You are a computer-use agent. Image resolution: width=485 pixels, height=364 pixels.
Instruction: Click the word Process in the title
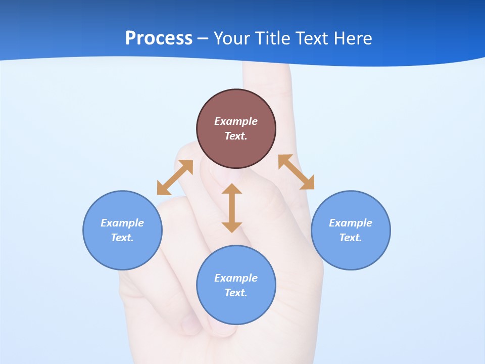(x=159, y=38)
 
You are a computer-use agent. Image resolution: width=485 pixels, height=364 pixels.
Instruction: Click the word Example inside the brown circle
(x=236, y=121)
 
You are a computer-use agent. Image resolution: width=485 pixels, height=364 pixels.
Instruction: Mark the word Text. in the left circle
(x=122, y=238)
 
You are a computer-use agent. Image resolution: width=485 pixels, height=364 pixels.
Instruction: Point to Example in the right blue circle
(x=351, y=223)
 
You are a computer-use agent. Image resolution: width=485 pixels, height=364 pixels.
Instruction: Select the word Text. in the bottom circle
(x=236, y=293)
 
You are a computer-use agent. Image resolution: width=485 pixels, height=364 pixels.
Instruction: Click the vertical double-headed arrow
(x=232, y=208)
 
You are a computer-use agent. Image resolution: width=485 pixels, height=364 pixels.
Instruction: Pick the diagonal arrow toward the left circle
(x=175, y=177)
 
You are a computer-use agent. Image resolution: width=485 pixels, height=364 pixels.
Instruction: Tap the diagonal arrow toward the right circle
(x=296, y=172)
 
